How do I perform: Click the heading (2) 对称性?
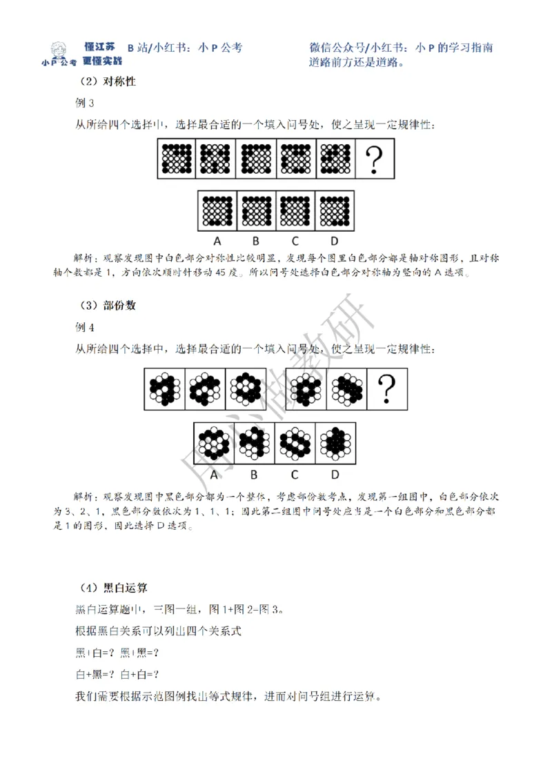coord(106,81)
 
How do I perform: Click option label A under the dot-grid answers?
coord(217,241)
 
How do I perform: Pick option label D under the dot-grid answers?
coord(334,241)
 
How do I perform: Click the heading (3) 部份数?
coord(106,305)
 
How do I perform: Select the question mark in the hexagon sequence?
coord(387,388)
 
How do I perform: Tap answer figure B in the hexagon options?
coord(255,442)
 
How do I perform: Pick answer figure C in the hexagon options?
coord(295,442)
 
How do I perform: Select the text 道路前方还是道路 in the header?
coord(356,61)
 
